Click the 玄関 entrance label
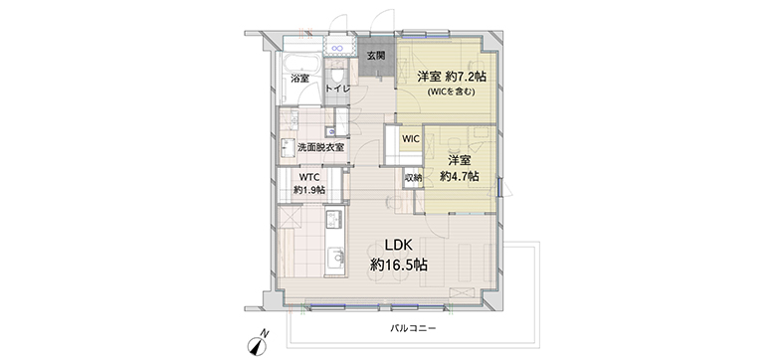[x=376, y=56]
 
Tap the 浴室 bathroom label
[x=300, y=79]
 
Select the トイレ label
[x=338, y=89]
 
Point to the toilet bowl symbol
[x=338, y=74]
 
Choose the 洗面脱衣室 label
[x=320, y=147]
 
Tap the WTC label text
[x=308, y=177]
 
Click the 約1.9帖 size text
[x=309, y=189]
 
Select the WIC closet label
[x=410, y=139]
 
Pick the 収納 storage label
[x=413, y=177]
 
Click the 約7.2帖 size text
[x=466, y=77]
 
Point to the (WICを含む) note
[x=451, y=91]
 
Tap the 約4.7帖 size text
[x=460, y=176]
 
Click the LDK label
[x=399, y=245]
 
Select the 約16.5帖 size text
[x=399, y=265]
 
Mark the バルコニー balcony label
[x=412, y=328]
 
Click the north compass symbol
[x=258, y=343]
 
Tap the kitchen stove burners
[x=334, y=218]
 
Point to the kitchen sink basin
[x=336, y=257]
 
